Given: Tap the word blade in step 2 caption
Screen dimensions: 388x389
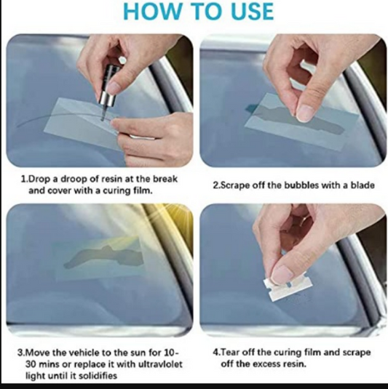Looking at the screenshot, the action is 363,185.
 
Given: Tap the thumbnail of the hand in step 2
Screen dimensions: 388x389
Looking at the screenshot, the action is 306,113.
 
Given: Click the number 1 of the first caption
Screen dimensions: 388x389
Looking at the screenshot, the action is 23,179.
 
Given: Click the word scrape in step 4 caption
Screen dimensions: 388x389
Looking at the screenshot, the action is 357,353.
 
